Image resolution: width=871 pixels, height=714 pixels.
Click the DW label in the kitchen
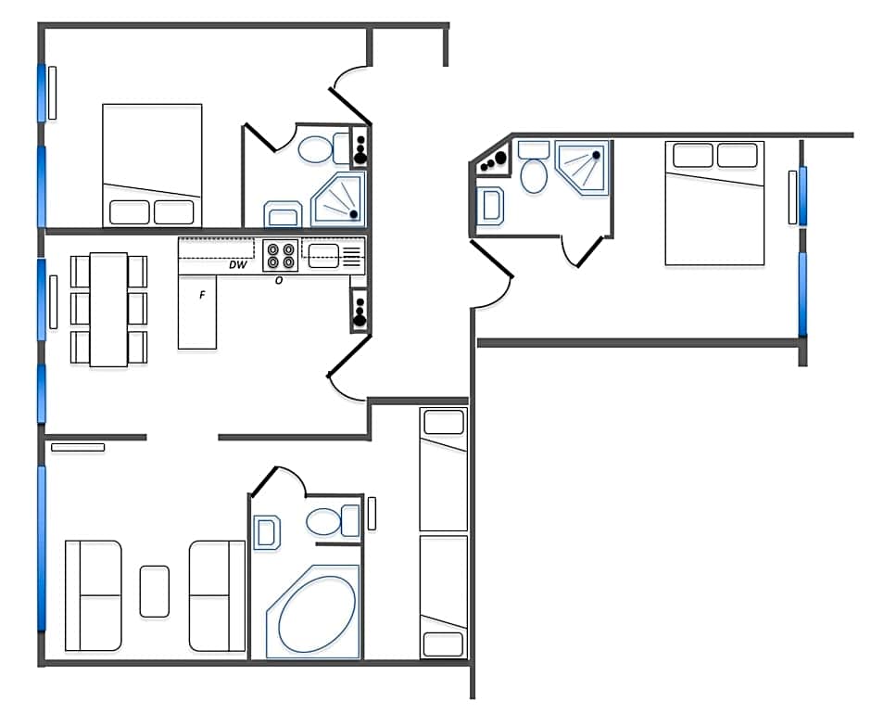click(238, 264)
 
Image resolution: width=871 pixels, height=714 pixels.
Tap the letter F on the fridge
click(202, 295)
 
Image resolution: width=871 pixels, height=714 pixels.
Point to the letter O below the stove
click(279, 281)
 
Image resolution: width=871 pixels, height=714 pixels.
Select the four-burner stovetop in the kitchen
click(281, 255)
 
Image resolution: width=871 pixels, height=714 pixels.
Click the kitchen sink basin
click(323, 255)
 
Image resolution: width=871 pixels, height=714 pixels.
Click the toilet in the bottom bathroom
click(332, 521)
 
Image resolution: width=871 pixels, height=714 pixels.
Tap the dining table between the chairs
click(109, 310)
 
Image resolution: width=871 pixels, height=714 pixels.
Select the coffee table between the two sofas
click(155, 592)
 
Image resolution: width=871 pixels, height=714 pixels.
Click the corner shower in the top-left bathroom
click(339, 199)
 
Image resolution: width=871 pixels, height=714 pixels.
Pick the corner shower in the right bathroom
click(582, 167)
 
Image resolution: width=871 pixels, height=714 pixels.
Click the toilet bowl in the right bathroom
click(534, 176)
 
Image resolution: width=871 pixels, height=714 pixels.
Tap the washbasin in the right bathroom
click(490, 206)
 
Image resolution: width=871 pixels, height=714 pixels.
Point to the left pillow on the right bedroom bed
click(693, 155)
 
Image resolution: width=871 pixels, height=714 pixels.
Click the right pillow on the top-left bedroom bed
click(174, 212)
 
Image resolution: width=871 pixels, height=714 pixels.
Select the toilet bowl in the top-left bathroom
click(316, 149)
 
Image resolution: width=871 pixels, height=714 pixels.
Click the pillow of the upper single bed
click(444, 422)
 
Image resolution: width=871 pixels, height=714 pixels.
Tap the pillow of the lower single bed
click(443, 644)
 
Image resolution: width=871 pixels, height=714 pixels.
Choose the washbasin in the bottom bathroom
click(267, 533)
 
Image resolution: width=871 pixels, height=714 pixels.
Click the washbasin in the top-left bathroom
click(283, 214)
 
